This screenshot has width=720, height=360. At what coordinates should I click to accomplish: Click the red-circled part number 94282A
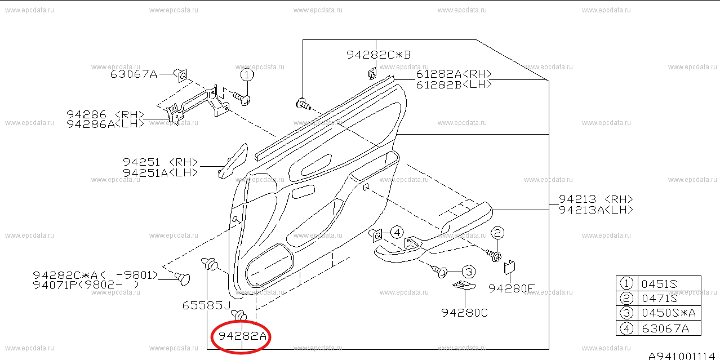242,336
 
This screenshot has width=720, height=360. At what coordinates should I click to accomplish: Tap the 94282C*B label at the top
379,55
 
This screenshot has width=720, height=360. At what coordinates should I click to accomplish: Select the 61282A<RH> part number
454,74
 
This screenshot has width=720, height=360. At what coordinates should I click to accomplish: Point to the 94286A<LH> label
105,124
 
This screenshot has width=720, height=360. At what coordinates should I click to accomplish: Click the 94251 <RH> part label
160,162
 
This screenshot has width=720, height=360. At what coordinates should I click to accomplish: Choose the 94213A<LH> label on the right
596,210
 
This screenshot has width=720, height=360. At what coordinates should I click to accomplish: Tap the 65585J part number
206,305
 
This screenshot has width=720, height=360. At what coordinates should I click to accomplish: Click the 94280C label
464,313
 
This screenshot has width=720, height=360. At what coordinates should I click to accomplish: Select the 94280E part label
512,288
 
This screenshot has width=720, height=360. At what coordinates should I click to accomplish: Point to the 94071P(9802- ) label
86,285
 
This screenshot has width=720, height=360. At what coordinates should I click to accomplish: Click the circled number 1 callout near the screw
247,75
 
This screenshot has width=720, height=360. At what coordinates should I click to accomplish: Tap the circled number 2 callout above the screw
497,233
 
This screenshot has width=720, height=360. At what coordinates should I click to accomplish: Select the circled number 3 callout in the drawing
469,272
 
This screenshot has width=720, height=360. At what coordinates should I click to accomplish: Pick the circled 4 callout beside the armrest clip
397,232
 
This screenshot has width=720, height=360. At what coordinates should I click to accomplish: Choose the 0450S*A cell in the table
669,313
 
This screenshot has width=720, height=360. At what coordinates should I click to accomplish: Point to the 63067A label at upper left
134,74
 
